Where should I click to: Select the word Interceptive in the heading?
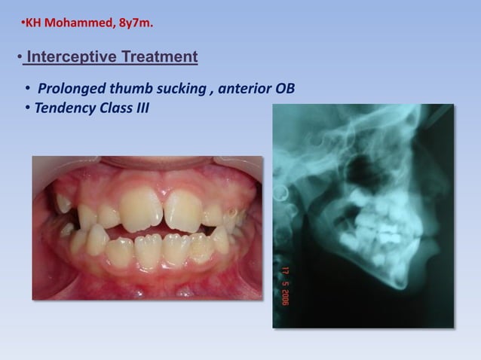(63, 56)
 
